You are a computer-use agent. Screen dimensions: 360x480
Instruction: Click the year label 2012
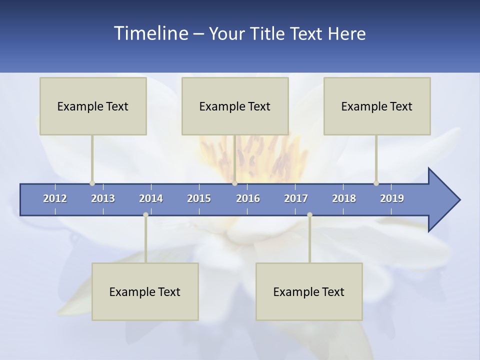pos(55,198)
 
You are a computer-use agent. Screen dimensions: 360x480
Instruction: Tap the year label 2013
pos(103,198)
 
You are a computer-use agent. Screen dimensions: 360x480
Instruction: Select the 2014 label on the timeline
pos(151,198)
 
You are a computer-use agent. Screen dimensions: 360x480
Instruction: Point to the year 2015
pos(199,198)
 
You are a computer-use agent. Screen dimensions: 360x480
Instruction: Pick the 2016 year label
pos(248,198)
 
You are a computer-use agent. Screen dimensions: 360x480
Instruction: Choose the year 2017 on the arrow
pos(296,198)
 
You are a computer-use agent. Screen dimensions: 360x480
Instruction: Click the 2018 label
pos(344,198)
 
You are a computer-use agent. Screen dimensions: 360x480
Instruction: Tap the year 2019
pos(392,198)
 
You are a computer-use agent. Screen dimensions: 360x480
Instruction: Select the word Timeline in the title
pos(151,33)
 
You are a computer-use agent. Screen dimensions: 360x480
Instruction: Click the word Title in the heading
pos(268,33)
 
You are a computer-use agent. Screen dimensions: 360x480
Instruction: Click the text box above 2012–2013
pos(93,106)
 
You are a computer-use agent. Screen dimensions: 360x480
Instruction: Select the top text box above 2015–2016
pos(235,106)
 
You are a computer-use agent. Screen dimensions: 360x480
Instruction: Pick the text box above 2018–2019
pos(377,106)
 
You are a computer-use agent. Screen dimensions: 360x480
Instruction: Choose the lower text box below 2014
pos(145,291)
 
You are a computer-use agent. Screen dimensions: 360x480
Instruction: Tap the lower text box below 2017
pos(309,291)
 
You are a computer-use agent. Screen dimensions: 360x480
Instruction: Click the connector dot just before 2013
pos(92,183)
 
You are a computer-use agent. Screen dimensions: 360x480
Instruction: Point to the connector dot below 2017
pos(309,215)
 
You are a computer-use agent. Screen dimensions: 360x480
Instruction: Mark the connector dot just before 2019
pos(376,183)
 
